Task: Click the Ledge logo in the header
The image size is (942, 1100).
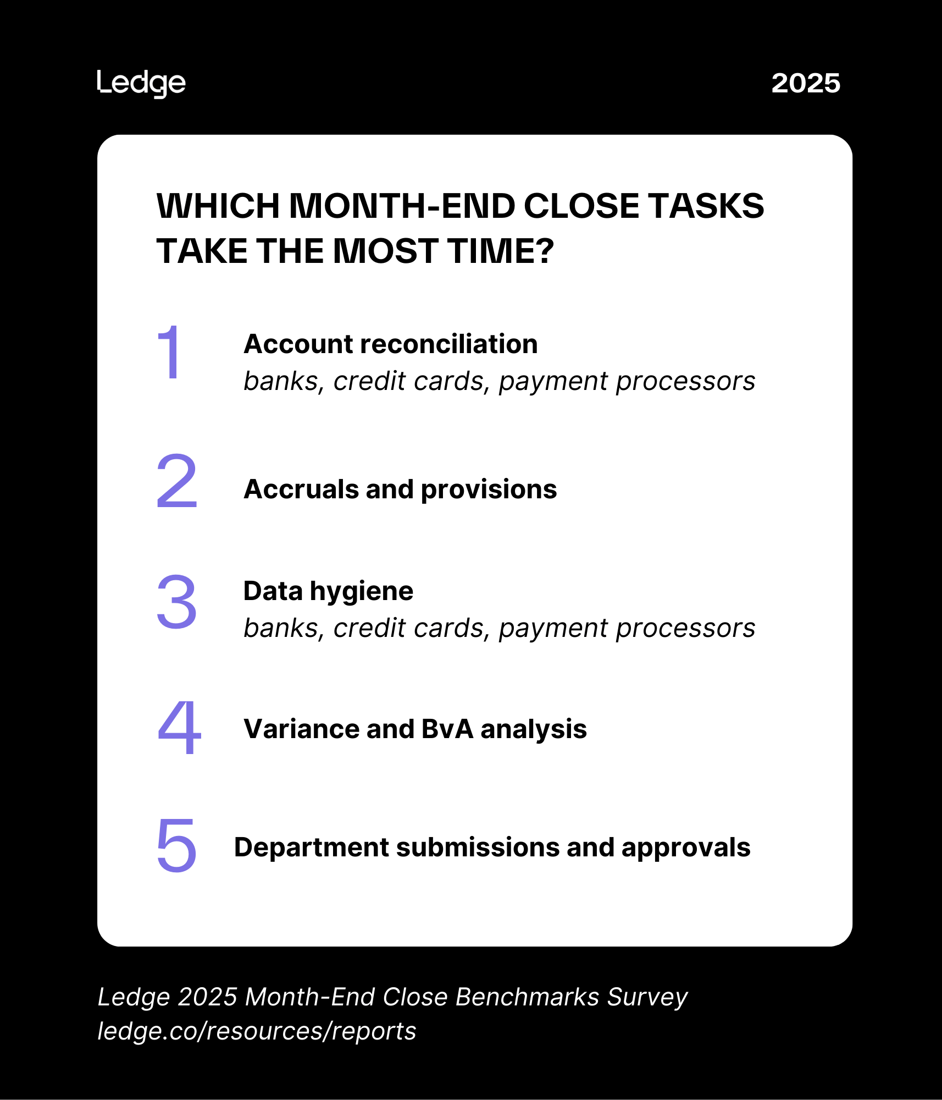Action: coord(141,84)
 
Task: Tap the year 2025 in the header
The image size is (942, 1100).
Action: coord(806,84)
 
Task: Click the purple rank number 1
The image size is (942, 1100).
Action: coord(170,351)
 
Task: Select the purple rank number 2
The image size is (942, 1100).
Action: coord(177,481)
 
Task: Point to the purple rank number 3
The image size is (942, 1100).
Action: coord(177,602)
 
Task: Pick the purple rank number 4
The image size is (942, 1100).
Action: coord(179,727)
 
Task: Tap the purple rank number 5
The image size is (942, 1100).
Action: coord(177,845)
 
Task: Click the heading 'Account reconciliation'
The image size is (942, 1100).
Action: coord(391,344)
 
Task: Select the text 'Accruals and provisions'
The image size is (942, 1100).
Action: coord(400,490)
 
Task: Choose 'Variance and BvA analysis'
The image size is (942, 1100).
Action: coord(415,729)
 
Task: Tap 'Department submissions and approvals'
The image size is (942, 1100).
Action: coord(492,848)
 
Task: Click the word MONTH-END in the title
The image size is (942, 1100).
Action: coord(402,206)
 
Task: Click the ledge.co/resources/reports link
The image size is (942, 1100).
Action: coord(257,1031)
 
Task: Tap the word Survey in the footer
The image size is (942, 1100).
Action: coord(647,997)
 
